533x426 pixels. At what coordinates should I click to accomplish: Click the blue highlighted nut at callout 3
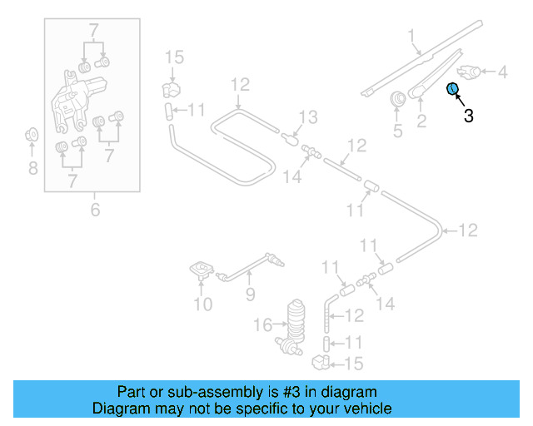click(453, 89)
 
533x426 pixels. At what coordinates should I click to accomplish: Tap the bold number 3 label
click(468, 116)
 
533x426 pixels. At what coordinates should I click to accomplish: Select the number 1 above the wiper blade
click(411, 36)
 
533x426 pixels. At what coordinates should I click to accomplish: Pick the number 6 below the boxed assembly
click(94, 210)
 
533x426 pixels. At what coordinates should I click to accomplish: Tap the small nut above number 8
click(32, 133)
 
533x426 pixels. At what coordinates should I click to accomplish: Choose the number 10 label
click(203, 305)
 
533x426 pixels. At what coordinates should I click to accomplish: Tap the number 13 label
click(308, 116)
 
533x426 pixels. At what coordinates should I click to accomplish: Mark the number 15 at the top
click(173, 57)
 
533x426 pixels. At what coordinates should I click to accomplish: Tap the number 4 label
click(502, 73)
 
